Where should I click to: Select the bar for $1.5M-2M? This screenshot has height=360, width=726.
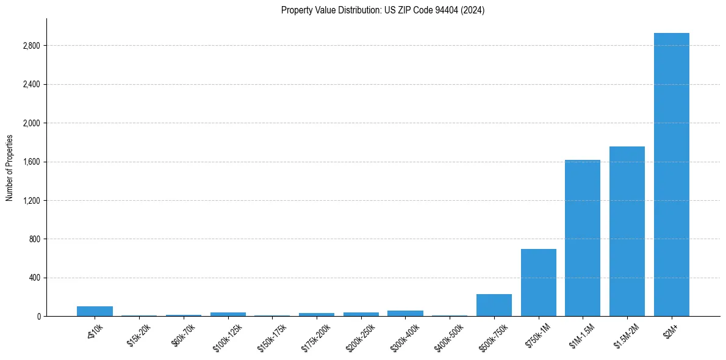[627, 231]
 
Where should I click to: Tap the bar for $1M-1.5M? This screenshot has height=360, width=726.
[583, 238]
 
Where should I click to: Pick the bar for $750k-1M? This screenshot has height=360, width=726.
[538, 283]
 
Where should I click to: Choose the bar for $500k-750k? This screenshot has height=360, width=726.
[494, 305]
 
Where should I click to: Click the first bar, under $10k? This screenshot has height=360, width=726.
[95, 311]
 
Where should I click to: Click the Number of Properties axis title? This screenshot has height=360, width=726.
[10, 167]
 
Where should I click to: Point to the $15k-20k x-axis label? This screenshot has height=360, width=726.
[138, 334]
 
